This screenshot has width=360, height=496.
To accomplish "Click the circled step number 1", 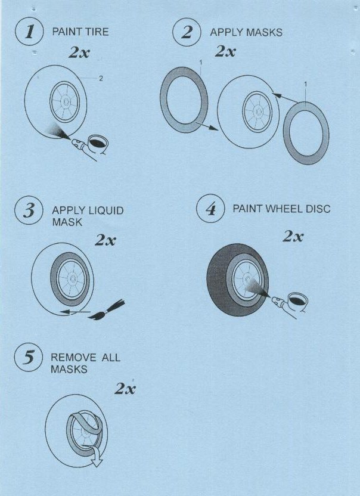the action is (29, 32).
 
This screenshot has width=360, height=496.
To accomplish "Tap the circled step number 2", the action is (187, 32).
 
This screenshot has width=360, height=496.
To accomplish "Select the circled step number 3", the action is (29, 210).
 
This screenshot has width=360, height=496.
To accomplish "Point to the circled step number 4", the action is (210, 209).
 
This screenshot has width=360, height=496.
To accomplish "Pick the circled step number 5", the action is (29, 358).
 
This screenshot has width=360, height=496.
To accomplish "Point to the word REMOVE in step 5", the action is (73, 358).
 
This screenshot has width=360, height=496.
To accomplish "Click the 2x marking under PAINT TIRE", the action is (79, 52).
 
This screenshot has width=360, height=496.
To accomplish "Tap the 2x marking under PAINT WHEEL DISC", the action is (293, 236).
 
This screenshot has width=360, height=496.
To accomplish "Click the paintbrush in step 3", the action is (107, 309).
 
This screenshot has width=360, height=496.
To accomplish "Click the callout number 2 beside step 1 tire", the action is (101, 79).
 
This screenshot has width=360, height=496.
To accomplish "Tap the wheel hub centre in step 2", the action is (258, 111).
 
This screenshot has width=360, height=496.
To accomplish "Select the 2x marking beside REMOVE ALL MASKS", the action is (125, 388).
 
